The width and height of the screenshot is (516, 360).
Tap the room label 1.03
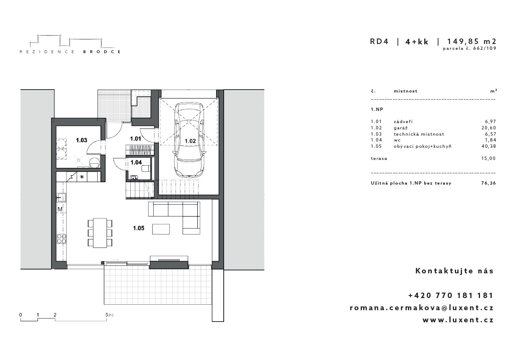point(82,140)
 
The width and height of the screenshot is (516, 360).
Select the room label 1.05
point(139,228)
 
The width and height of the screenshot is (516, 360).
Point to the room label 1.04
point(136,162)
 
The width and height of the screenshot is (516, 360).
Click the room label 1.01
point(135,139)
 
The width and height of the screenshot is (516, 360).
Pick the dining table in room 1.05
point(100,233)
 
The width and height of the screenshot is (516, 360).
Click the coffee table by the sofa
point(161,229)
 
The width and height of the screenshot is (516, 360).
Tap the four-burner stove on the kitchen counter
point(62,239)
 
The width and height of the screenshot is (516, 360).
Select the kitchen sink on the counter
point(61,198)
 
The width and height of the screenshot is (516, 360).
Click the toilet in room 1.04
point(145,169)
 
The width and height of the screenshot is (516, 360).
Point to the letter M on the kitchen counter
point(60,209)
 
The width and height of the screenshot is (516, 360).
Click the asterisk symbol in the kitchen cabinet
point(82,177)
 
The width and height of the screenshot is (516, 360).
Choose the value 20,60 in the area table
point(489,128)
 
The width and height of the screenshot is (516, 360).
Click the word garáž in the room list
point(400,128)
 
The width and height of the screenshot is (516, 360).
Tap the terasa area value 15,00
point(489,158)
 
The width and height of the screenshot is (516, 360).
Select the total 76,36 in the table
point(488,183)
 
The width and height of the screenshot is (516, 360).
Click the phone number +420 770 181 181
point(451,295)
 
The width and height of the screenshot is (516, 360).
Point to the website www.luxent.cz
point(458,320)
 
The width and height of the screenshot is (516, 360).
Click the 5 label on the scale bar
point(107,315)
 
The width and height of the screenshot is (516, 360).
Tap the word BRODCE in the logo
point(102,52)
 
